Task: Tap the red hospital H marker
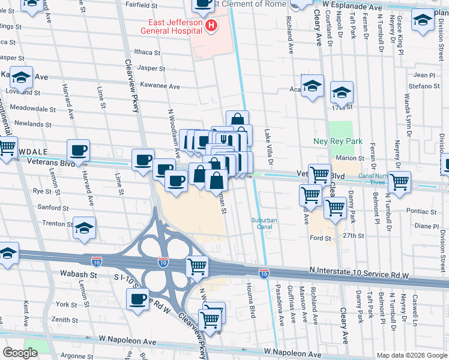211,25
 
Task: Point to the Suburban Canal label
264,224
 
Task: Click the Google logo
20,352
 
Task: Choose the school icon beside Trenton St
85,227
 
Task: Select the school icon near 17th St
342,92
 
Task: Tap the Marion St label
351,158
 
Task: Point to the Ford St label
320,238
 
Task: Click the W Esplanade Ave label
352,6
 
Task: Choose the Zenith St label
61,320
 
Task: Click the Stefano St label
424,86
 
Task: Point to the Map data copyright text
411,355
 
